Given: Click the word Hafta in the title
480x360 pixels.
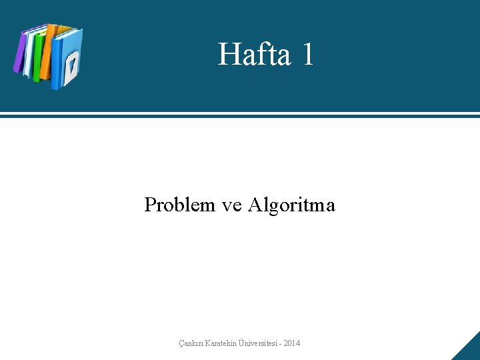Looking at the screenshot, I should pos(254,54).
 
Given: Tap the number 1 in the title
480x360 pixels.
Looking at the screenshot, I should pos(307,54).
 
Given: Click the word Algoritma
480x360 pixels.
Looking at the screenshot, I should pos(291,205).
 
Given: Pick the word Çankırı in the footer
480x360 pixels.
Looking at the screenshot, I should pos(192,343).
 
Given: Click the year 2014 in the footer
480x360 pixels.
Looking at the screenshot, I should pos(291,343).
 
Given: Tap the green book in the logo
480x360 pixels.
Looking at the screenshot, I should pos(39,56).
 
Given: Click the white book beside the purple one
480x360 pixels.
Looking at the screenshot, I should pos(29,53).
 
